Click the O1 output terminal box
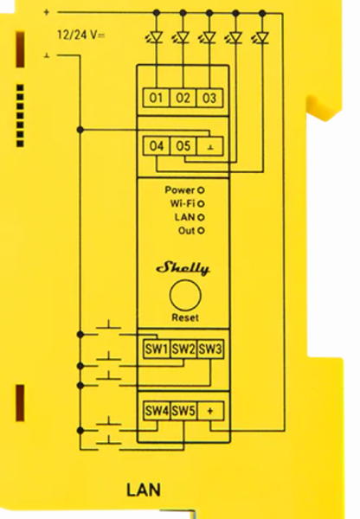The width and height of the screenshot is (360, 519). (156, 98)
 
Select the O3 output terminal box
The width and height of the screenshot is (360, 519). (209, 98)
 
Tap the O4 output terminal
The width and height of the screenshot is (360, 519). (157, 146)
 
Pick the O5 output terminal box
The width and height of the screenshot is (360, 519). (183, 146)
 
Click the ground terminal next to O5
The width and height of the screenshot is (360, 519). (210, 146)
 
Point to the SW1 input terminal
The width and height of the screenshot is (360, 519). (157, 349)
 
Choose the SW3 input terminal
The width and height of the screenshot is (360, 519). (210, 349)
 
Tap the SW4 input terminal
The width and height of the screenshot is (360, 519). (157, 411)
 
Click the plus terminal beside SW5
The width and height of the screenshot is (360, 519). (210, 411)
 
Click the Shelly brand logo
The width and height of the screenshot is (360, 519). (183, 268)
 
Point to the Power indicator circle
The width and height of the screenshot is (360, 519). (201, 190)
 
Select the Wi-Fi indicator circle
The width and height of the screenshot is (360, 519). (201, 203)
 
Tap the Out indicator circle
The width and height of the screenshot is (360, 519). (201, 230)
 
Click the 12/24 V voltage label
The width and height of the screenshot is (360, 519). (81, 35)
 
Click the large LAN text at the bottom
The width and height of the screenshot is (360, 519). (144, 490)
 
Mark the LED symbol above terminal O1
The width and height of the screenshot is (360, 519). (155, 37)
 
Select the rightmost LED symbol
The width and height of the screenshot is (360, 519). (261, 37)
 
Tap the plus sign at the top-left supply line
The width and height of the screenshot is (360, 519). (47, 12)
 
